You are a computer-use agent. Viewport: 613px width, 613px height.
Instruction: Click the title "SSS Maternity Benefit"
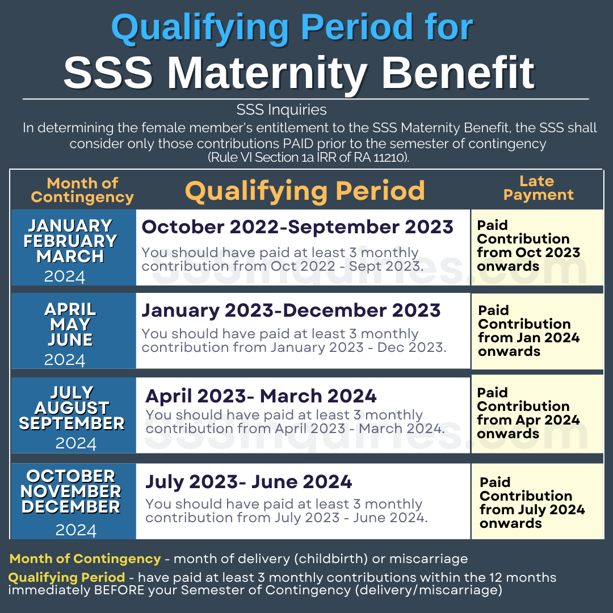pyautogui.click(x=299, y=72)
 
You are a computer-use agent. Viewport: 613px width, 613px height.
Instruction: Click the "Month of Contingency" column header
pyautogui.click(x=82, y=190)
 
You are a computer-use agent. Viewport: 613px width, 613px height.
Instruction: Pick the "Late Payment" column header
pyautogui.click(x=538, y=188)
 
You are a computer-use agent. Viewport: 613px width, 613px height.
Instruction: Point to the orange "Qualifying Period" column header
pyautogui.click(x=305, y=191)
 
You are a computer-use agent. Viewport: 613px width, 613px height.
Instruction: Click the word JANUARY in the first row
pyautogui.click(x=71, y=226)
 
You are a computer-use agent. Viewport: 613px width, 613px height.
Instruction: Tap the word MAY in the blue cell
pyautogui.click(x=70, y=325)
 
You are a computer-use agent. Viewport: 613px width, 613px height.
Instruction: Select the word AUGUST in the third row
pyautogui.click(x=72, y=408)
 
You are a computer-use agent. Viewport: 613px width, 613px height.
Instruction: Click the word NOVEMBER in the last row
pyautogui.click(x=71, y=492)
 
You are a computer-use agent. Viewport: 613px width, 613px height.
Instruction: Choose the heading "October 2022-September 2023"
pyautogui.click(x=297, y=227)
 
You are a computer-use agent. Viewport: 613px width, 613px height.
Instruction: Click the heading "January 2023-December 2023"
pyautogui.click(x=291, y=310)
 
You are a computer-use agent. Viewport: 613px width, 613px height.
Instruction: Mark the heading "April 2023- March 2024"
pyautogui.click(x=261, y=395)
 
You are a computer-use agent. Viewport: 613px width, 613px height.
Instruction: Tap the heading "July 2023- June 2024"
pyautogui.click(x=249, y=482)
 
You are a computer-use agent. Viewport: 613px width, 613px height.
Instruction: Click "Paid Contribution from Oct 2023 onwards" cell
pyautogui.click(x=528, y=246)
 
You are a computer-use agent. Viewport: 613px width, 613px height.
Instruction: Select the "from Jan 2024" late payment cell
pyautogui.click(x=528, y=331)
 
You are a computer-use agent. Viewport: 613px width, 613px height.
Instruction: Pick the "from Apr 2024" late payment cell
pyautogui.click(x=528, y=413)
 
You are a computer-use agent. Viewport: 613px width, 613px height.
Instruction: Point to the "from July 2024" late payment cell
pyautogui.click(x=532, y=503)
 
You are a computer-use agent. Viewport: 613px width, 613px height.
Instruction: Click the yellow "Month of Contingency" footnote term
pyautogui.click(x=85, y=559)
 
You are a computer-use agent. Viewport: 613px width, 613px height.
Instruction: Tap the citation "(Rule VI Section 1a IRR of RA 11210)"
pyautogui.click(x=308, y=158)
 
